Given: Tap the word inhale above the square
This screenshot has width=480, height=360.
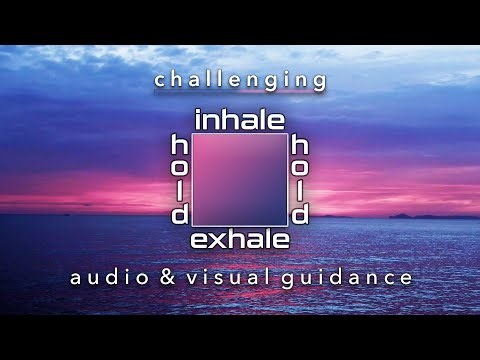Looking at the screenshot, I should point(240,120).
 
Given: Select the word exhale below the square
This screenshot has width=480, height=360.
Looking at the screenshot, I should point(240,240).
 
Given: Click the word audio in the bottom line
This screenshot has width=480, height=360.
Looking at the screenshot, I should point(106,276).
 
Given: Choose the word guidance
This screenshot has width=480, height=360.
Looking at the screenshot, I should point(355,276).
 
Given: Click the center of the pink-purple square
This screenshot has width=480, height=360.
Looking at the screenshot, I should point(240,180).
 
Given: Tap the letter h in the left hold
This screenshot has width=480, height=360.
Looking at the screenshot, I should point(180,145).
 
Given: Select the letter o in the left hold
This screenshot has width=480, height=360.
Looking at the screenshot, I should point(180,168).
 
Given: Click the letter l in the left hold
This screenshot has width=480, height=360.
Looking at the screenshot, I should point(180,191).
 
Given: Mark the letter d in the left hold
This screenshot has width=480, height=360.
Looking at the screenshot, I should point(180,214).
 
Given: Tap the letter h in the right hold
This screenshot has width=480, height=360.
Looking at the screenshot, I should point(300,145).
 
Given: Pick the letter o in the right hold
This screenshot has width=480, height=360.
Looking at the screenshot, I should point(300,168).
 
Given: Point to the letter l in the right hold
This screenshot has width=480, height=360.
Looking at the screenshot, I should point(300,191).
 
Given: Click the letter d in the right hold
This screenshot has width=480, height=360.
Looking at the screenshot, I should point(300,214).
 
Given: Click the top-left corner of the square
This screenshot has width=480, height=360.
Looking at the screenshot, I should point(193,133).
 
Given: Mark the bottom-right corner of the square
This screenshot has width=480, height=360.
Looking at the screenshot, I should point(287,226).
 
